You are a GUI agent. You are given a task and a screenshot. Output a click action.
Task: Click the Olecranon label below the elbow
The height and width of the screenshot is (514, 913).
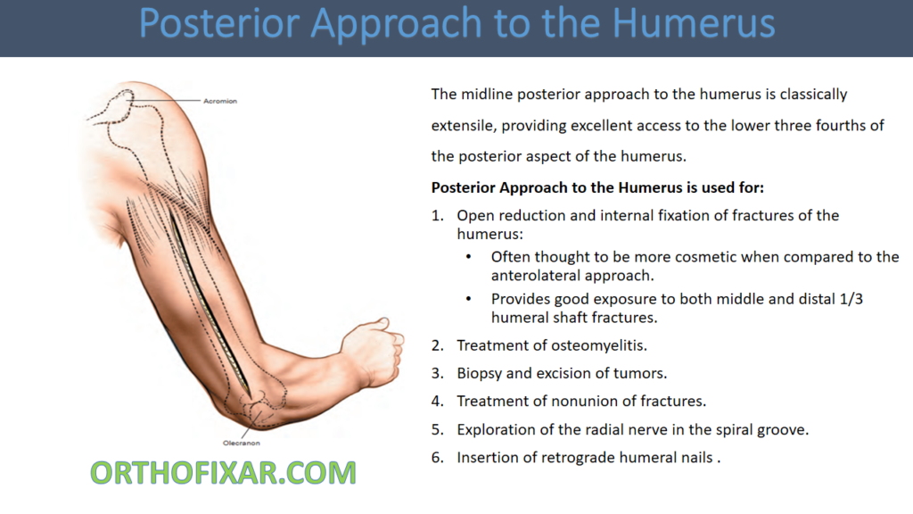point(241,443)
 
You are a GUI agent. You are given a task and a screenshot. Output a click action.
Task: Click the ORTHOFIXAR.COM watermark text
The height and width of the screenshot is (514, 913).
point(223,472)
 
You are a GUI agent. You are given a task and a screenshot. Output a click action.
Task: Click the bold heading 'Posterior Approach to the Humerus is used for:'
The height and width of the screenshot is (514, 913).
point(597,187)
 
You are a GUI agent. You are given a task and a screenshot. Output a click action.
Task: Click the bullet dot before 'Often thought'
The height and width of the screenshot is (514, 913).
point(469,257)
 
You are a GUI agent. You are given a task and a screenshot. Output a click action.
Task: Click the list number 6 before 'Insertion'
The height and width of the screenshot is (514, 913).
point(437,458)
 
